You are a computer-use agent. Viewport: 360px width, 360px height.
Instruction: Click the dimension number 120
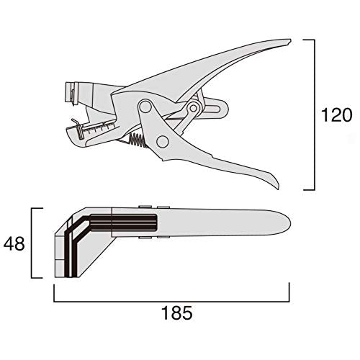pyautogui.click(x=336, y=115)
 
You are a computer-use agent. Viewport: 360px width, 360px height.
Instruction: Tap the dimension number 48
pyautogui.click(x=14, y=243)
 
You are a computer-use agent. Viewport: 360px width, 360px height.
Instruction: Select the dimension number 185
pyautogui.click(x=177, y=313)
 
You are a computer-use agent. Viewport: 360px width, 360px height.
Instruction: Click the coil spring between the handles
pyautogui.click(x=137, y=140)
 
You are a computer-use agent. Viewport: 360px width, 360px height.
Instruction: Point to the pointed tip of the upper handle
pyautogui.click(x=289, y=41)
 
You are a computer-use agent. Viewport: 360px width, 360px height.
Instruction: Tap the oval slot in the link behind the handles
pyautogui.click(x=212, y=109)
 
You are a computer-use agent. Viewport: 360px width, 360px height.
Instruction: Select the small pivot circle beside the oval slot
pyautogui.click(x=193, y=109)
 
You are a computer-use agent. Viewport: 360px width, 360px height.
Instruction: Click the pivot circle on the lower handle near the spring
pyautogui.click(x=162, y=141)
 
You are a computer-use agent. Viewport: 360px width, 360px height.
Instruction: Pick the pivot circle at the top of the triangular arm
pyautogui.click(x=145, y=107)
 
